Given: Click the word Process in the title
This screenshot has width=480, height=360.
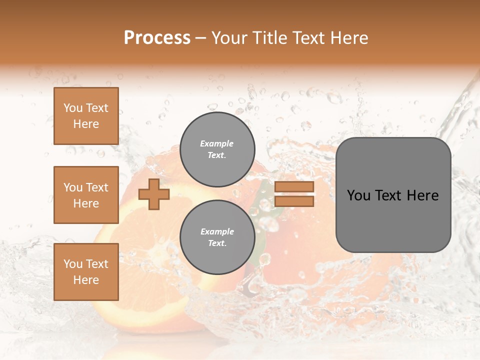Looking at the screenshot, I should coord(157,38).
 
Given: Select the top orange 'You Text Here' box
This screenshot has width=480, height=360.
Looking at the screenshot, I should coord(86,116).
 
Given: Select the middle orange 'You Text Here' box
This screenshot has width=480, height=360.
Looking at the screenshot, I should coord(86,195).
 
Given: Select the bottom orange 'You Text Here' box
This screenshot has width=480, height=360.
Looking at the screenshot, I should coord(86,272).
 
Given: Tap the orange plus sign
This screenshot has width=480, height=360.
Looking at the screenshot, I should coord(154,194).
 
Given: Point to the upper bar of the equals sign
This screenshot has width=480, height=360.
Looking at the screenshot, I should coord(294,186).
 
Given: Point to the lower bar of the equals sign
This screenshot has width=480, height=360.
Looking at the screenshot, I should coord(294,201).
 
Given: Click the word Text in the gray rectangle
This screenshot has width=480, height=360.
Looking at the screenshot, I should coord(390,195).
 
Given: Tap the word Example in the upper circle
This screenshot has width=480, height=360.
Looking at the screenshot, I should coord(217,143).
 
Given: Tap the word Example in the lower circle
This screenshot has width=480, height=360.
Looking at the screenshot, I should coord(217,231).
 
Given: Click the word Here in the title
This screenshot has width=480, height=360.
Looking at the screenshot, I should coord(350,38).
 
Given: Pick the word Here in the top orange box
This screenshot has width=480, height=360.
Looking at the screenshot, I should coord(86,124).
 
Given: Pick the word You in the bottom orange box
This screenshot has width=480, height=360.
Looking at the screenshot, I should coord(73,263).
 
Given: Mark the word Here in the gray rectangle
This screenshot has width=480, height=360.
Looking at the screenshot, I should coord(423,195).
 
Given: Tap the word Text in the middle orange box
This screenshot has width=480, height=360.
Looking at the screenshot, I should coord(96,187).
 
